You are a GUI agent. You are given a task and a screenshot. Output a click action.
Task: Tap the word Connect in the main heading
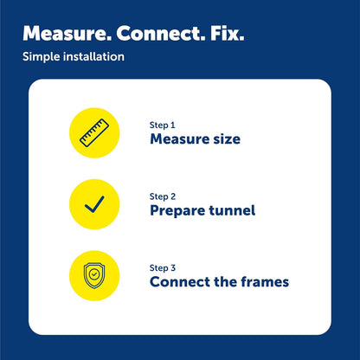pos(160,34)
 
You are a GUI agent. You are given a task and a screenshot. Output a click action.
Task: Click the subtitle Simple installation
pos(74,57)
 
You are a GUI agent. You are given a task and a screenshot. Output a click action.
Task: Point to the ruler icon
pos(94,132)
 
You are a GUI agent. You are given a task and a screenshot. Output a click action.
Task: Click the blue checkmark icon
pos(94,204)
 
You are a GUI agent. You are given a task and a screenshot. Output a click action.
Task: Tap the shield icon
pos(94,275)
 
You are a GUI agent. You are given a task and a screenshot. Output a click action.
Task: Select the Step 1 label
pos(163,125)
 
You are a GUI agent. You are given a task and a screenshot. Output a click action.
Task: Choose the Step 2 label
pos(163,196)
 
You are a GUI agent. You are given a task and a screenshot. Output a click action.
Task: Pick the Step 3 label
pos(163,268)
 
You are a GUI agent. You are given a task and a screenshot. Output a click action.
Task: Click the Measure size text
pos(196,139)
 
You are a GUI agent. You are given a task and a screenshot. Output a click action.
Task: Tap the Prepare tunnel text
pos(202,210)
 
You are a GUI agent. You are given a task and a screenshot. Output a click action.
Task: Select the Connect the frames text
pos(219,282)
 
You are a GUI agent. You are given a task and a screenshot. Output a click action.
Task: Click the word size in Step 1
pos(227,139)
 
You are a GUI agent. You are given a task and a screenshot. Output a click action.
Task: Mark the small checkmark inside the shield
pos(94,274)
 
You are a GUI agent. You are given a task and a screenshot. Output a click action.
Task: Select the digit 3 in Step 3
pos(173,268)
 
